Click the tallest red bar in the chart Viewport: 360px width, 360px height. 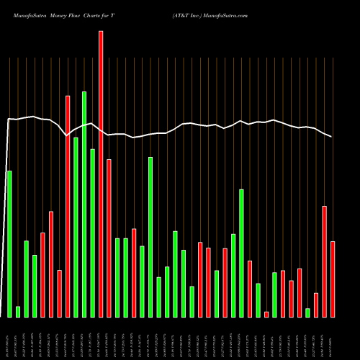tap(101, 173)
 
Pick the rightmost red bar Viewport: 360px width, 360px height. tap(333, 279)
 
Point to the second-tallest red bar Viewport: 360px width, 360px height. tap(68, 206)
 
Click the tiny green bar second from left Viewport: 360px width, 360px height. tap(18, 311)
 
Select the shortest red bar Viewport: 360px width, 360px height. tap(266, 314)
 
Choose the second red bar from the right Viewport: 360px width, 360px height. tap(325, 261)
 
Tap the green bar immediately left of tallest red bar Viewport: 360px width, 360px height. tap(92, 233)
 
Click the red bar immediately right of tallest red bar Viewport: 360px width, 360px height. tap(109, 238)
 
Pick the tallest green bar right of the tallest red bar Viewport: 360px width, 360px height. tap(150, 236)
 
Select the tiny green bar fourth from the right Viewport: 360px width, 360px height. tap(308, 312)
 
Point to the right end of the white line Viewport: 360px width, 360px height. tap(332, 137)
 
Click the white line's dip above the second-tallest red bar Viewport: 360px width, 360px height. tap(67, 135)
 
